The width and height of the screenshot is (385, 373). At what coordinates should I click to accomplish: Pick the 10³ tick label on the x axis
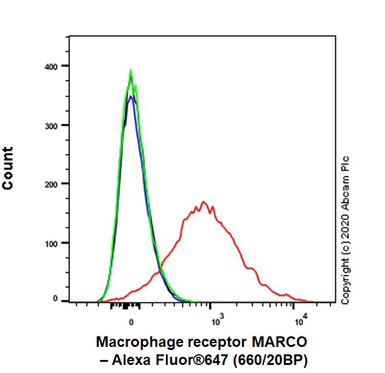215,321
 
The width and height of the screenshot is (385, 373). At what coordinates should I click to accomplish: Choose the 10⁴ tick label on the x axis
299,321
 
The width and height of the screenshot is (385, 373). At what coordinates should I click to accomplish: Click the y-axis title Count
9,168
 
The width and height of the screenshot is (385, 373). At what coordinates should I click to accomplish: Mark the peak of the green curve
130,71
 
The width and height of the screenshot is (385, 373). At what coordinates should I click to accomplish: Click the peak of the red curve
203,202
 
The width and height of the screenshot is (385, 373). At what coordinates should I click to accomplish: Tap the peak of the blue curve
130,96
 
